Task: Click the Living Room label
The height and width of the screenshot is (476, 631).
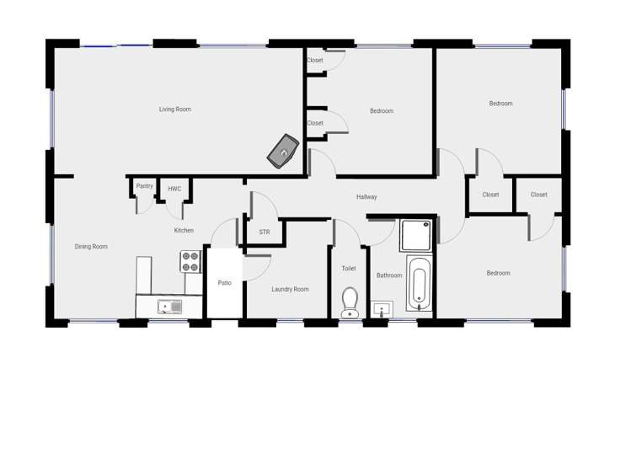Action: click(x=175, y=109)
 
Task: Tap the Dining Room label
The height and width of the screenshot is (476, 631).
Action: click(x=91, y=247)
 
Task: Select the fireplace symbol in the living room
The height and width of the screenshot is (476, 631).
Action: click(x=284, y=151)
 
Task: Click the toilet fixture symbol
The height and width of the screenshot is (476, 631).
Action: click(x=350, y=301)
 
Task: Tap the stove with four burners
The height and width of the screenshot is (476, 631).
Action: click(x=190, y=262)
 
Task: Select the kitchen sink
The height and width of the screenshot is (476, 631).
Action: click(x=169, y=307)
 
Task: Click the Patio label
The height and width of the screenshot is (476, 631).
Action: click(x=225, y=283)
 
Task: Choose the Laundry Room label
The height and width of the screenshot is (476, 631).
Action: click(x=290, y=289)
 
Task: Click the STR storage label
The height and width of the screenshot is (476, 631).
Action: click(x=265, y=232)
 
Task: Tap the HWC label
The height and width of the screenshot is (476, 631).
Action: click(x=174, y=189)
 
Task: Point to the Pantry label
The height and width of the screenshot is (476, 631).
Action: click(x=144, y=186)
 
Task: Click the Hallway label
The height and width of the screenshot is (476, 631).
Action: click(x=366, y=197)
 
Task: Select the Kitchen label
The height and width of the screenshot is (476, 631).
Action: click(x=184, y=230)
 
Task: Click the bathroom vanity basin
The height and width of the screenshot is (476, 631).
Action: click(x=382, y=309)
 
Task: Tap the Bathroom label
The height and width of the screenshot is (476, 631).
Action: click(x=389, y=275)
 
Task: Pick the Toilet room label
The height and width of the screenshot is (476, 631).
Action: click(x=349, y=268)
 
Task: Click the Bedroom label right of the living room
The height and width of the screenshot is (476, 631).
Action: click(x=382, y=111)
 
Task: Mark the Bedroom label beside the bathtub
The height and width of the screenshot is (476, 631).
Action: click(x=498, y=273)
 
